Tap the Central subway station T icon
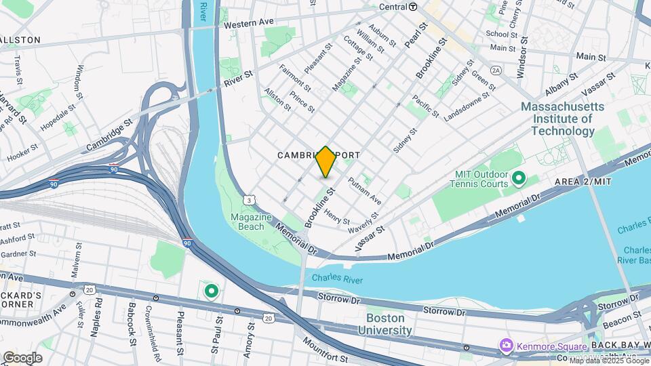click(413, 7)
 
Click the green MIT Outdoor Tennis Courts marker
click(519, 179)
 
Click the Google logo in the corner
click(22, 358)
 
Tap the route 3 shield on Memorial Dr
click(250, 200)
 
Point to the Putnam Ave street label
click(365, 191)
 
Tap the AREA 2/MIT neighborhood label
click(583, 182)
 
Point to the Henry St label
click(336, 217)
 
